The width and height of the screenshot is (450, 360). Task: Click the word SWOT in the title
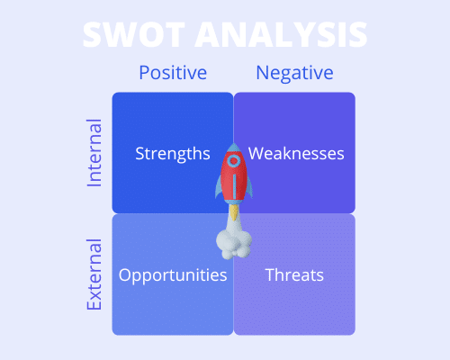[x=134, y=34]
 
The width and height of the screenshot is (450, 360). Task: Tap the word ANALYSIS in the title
[x=281, y=34]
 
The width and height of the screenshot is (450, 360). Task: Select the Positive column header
[x=173, y=73]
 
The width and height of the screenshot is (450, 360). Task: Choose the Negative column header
[x=294, y=73]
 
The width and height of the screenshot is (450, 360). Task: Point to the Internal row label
[x=94, y=153]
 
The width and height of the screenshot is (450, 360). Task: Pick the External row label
[x=94, y=274]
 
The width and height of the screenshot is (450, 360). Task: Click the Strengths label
[x=173, y=154]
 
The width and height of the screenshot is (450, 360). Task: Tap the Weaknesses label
[x=296, y=154]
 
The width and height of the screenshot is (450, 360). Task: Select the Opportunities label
[x=173, y=275]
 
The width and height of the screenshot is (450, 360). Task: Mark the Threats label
[x=294, y=274]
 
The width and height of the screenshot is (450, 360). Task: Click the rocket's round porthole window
[x=234, y=161]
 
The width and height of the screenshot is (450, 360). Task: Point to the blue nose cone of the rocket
[x=234, y=148]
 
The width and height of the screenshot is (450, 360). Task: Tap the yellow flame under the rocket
[x=234, y=211]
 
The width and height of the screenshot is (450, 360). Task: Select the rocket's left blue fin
[x=219, y=186]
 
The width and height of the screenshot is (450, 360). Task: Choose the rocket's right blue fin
[x=249, y=186]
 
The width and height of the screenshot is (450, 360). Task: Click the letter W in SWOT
[x=120, y=34]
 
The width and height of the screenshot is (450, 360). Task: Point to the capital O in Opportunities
[x=125, y=274]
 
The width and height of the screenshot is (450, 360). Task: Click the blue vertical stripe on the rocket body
[x=234, y=186]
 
